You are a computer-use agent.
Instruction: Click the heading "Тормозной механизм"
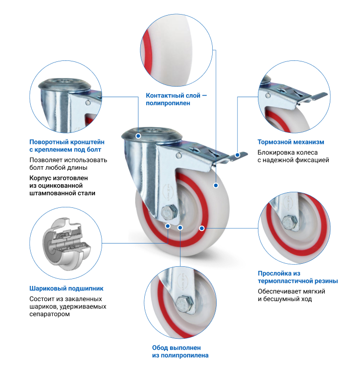coord(291,142)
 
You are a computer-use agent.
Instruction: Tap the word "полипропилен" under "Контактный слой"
coord(168,103)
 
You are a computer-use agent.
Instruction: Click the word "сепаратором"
coord(49,314)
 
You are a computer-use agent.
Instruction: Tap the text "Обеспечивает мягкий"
coord(291,291)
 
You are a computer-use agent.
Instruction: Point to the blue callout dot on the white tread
coord(215,186)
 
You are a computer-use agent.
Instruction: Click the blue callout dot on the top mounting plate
coord(138,135)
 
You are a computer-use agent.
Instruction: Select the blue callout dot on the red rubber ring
coord(201,228)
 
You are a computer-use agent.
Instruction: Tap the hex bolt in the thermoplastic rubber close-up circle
coord(290,222)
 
